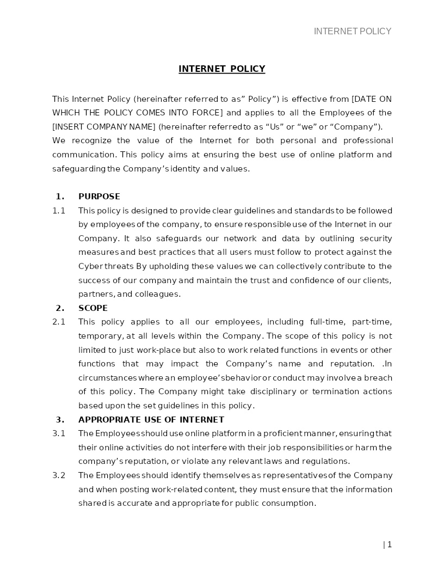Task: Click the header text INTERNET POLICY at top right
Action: point(353,32)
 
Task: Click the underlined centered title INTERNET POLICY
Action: point(221,69)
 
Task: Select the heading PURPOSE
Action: point(99,197)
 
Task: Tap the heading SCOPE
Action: point(93,308)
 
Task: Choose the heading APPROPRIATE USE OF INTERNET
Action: point(151,420)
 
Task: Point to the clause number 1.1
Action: point(59,211)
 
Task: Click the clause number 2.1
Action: point(59,322)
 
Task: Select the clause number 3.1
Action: point(59,433)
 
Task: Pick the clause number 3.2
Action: point(59,475)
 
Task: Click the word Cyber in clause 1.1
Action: point(90,266)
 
